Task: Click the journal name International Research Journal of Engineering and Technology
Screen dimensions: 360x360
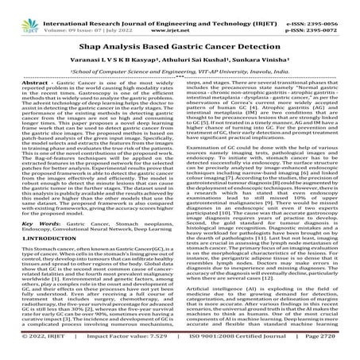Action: (x=180, y=5)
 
